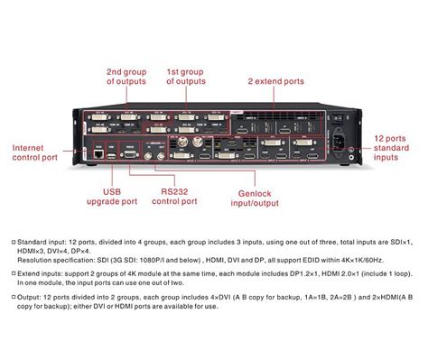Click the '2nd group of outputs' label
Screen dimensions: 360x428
pos(126,76)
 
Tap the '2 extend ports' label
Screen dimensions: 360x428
pos(276,81)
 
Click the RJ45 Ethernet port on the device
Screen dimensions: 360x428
pos(96,154)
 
